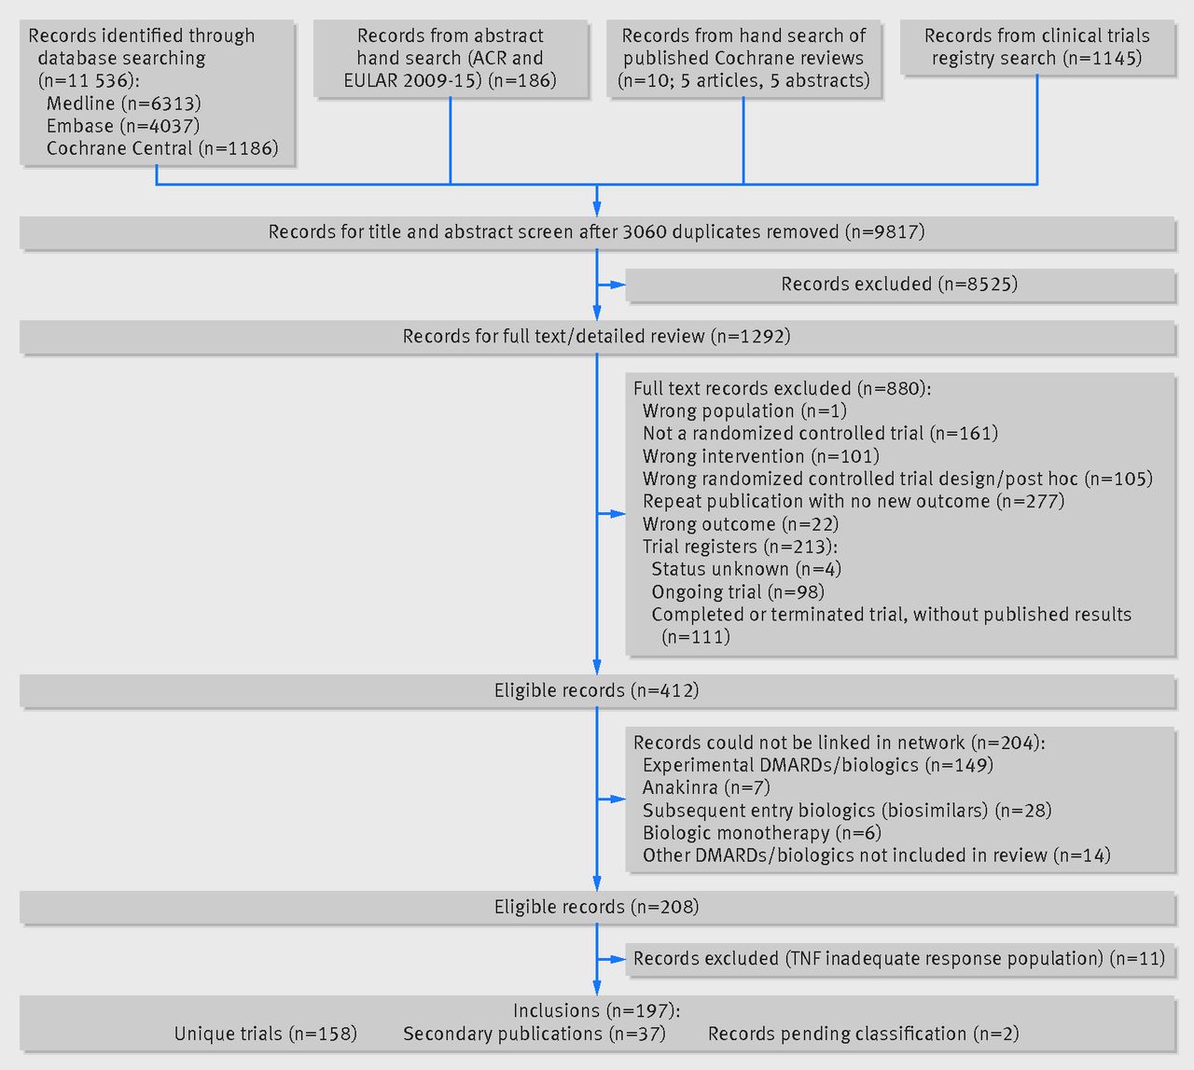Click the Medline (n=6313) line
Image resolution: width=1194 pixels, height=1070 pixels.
124,104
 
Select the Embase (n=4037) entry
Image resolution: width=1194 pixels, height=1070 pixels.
123,126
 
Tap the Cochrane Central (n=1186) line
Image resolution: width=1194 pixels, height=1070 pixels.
162,148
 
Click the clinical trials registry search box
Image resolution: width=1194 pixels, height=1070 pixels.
1037,48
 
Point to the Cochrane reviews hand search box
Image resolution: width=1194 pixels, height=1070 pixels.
743,59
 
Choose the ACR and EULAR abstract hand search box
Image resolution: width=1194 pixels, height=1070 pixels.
451,59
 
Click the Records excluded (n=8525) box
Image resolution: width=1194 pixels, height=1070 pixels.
899,285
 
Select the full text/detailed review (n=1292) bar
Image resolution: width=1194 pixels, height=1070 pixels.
596,337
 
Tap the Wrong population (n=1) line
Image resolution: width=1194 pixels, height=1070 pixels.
744,410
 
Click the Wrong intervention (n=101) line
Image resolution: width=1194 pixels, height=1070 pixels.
761,456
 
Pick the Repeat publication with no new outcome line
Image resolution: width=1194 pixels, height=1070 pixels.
854,502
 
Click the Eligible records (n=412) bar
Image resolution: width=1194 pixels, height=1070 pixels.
596,691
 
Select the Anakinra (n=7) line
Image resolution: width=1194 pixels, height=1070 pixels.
706,788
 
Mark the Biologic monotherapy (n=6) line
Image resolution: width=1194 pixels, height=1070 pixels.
762,833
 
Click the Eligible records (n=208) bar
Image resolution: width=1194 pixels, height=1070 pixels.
596,908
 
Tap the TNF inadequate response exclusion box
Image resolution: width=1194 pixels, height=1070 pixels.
899,959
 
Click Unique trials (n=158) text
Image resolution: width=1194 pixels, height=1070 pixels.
265,1034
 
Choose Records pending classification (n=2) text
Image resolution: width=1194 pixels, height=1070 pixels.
864,1034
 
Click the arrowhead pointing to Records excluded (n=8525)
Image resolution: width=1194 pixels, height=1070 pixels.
618,285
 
